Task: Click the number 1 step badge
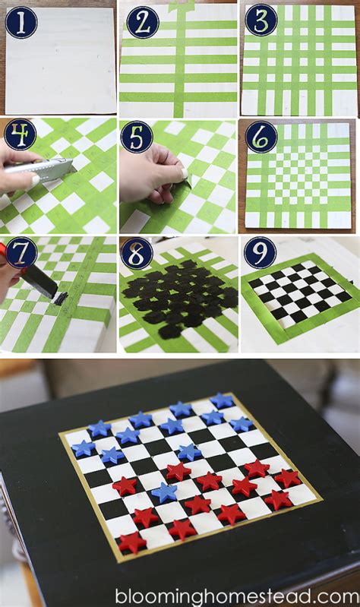pos(21,23)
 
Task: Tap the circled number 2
pos(143,22)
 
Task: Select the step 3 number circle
pos(262,20)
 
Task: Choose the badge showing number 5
pos(137,137)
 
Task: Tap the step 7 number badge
pos(21,253)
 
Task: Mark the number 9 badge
pos(261,252)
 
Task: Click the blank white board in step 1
pos(61,60)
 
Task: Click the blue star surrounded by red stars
pos(165,492)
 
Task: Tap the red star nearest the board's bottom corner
pos(132,542)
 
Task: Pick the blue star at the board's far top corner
pos(222,400)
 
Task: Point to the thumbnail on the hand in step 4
pos(36,179)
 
